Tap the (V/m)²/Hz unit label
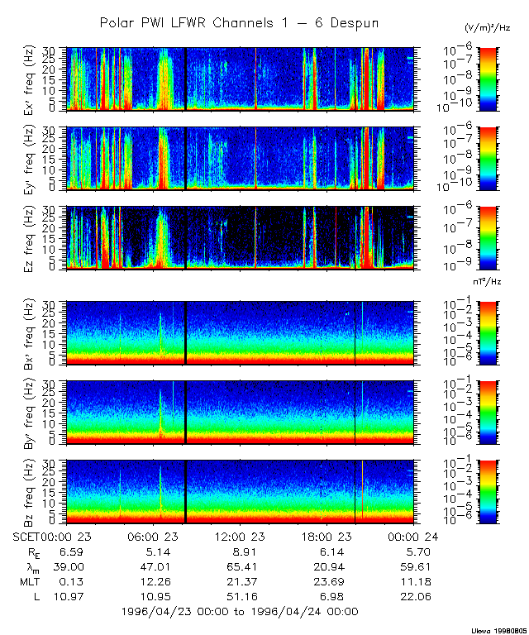pos(487,28)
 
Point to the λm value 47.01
pos(153,566)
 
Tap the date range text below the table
pos(239,612)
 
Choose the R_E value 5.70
pos(411,551)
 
